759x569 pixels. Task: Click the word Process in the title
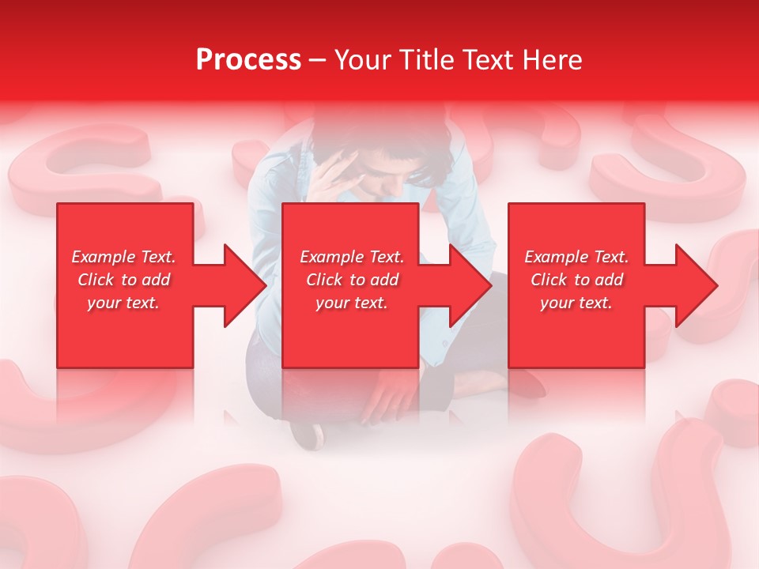(248, 60)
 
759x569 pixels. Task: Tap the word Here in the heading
(551, 60)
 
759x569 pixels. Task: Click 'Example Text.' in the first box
(124, 257)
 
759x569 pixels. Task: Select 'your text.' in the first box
(124, 303)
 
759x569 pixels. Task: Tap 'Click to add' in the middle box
(352, 280)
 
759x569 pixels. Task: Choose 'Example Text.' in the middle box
(352, 257)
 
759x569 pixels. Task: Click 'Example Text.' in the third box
(576, 257)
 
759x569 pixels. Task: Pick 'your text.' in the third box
(576, 303)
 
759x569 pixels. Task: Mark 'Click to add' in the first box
(124, 280)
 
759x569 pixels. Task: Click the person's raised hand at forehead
(336, 170)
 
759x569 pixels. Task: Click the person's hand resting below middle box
(391, 391)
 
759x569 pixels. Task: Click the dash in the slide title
(318, 60)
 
